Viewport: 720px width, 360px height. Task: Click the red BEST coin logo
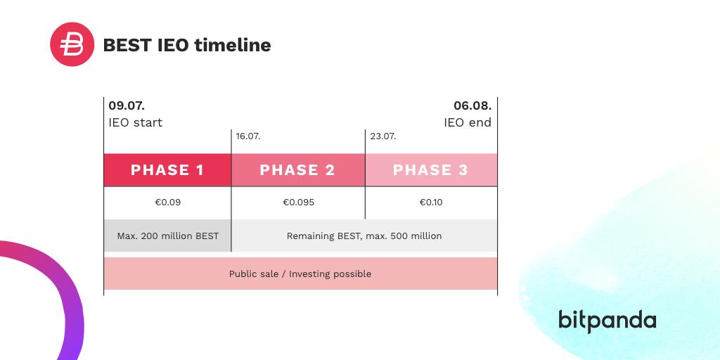tap(72, 44)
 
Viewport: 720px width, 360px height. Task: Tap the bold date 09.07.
tap(127, 105)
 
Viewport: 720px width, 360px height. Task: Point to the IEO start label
tap(136, 122)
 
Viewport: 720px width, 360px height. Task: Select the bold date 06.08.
tap(472, 105)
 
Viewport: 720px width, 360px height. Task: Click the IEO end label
tap(468, 122)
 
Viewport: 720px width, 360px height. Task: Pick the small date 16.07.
tap(248, 136)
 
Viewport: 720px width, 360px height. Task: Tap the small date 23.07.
tap(383, 136)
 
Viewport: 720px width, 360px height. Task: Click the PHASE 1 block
tap(167, 170)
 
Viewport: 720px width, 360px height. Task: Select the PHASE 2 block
tap(298, 170)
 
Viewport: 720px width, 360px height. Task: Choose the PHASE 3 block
tap(431, 170)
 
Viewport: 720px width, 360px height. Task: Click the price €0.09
tap(167, 202)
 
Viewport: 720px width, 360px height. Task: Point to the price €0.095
tap(298, 202)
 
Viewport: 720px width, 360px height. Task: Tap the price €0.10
tap(431, 202)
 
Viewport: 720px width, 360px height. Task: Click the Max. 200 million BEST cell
tap(167, 236)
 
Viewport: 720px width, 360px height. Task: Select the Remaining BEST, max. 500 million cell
tap(364, 236)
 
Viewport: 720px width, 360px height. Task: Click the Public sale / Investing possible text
tap(300, 274)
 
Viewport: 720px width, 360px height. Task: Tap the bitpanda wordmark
tap(607, 321)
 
